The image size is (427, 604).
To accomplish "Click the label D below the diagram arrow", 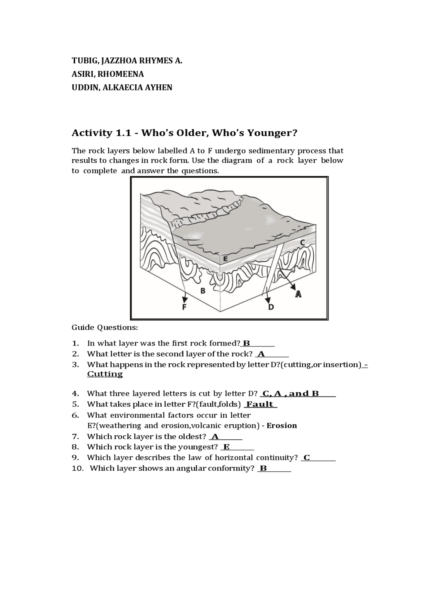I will click(271, 307).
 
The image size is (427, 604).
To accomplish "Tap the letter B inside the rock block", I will click(202, 291).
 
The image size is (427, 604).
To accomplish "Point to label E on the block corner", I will click(226, 259).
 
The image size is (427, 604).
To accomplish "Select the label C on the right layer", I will click(302, 243).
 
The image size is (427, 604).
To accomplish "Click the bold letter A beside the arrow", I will click(298, 294).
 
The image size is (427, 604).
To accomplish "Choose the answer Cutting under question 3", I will click(105, 374).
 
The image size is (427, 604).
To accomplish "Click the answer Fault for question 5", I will click(260, 404).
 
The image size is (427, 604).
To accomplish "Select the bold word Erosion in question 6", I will click(282, 426).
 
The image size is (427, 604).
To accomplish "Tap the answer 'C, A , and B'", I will click(291, 394).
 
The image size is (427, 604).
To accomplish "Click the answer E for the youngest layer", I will click(227, 447).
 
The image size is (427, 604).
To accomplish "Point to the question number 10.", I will click(78, 468).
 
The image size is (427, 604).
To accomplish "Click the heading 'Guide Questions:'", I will click(105, 328).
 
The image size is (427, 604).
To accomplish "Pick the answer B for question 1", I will click(247, 343).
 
